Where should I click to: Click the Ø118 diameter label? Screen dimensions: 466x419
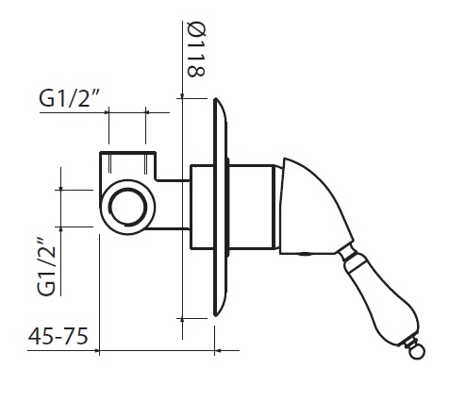pos(196,49)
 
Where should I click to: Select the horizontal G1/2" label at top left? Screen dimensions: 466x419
pos(69,98)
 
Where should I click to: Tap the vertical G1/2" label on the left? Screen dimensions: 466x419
pos(46,267)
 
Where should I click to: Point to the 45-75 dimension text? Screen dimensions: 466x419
pos(58,336)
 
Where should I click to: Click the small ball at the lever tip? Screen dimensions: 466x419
pos(417,352)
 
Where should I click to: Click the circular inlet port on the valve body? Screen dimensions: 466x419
pos(127,207)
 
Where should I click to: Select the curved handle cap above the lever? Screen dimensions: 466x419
pos(313,208)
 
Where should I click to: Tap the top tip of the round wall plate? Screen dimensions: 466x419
pos(216,99)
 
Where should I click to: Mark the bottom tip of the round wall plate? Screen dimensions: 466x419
pos(216,315)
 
